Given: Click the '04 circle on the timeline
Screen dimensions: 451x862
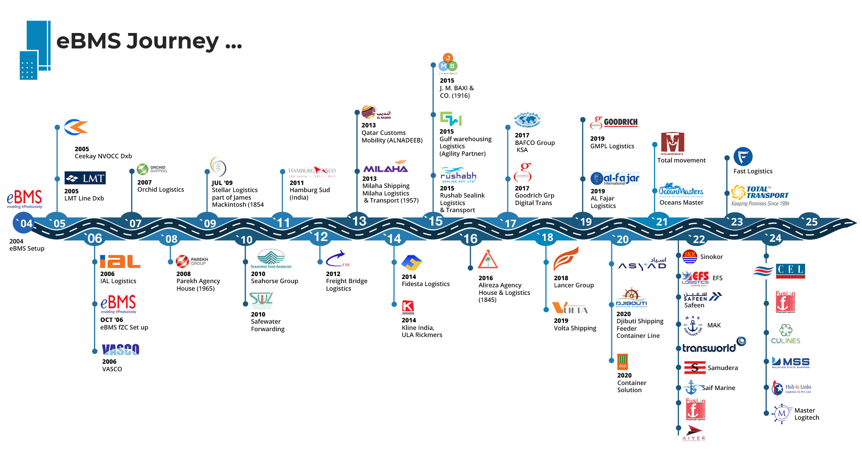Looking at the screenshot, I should tap(23, 223).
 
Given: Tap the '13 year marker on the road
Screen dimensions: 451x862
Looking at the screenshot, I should tap(359, 221).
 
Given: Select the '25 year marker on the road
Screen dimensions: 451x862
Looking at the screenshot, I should tap(811, 222).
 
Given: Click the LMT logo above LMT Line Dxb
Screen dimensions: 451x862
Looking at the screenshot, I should tap(85, 178).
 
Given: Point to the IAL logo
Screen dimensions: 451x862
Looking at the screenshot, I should tap(120, 261).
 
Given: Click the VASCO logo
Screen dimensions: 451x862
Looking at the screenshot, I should tap(120, 350).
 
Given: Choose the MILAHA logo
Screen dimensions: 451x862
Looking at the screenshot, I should tap(385, 167).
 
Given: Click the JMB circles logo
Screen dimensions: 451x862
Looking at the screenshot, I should tap(448, 63).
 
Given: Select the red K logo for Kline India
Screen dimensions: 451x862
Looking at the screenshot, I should tap(408, 307).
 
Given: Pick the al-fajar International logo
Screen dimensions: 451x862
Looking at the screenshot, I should tap(615, 179).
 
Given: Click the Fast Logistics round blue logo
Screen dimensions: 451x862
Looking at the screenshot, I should tap(742, 157).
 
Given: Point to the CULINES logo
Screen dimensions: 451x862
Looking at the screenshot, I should tap(786, 334).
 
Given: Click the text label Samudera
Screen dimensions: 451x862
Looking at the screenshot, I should tap(722, 368).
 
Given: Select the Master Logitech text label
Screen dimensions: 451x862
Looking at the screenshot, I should tap(806, 414).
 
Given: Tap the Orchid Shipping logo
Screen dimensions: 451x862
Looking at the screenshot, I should tap(152, 169).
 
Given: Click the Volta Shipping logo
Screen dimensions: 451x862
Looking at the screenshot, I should tap(570, 308).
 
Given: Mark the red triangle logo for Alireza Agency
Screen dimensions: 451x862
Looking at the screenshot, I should tap(488, 260).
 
